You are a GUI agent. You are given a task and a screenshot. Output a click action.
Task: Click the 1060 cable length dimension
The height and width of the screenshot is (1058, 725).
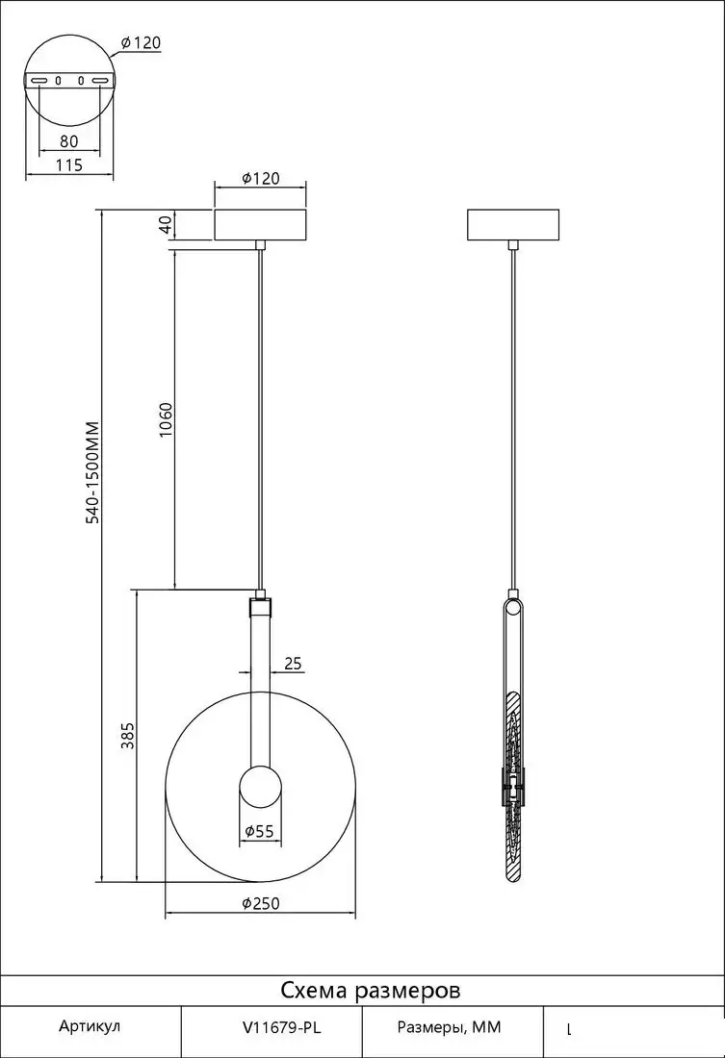click(x=167, y=419)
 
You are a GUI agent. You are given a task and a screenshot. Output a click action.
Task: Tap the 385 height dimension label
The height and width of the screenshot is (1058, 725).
click(x=128, y=736)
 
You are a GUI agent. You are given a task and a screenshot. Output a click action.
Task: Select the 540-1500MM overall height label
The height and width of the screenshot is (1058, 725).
click(x=92, y=472)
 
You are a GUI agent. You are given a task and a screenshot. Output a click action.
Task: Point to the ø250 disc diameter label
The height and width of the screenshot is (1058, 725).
click(x=260, y=903)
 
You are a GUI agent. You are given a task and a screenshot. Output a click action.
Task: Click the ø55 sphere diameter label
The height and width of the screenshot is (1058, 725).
click(x=260, y=831)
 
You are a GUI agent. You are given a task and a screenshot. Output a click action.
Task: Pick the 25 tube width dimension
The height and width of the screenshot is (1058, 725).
click(x=293, y=664)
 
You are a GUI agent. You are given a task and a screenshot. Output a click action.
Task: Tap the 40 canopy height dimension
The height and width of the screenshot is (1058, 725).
click(x=166, y=225)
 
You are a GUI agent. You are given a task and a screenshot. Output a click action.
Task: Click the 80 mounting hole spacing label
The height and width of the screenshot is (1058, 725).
click(x=69, y=141)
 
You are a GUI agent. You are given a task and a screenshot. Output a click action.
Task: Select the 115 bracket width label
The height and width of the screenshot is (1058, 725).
click(x=69, y=164)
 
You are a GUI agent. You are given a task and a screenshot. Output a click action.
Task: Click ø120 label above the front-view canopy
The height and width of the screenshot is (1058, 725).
click(x=260, y=178)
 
